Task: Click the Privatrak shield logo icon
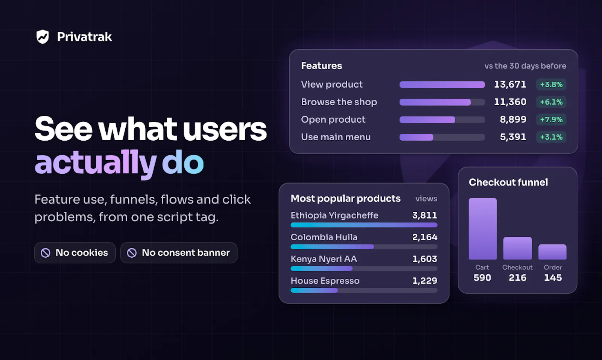pyautogui.click(x=43, y=36)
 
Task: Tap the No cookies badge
pyautogui.click(x=75, y=253)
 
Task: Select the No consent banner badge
pyautogui.click(x=179, y=253)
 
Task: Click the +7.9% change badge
pyautogui.click(x=551, y=120)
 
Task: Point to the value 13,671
pyautogui.click(x=510, y=84)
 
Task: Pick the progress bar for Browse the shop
pyautogui.click(x=442, y=102)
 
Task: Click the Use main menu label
pyautogui.click(x=336, y=137)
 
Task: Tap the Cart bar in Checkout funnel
pyautogui.click(x=483, y=229)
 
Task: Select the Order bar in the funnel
pyautogui.click(x=552, y=252)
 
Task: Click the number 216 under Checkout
pyautogui.click(x=517, y=278)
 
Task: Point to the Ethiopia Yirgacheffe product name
pyautogui.click(x=334, y=216)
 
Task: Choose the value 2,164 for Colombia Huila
pyautogui.click(x=425, y=237)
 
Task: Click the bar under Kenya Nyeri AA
pyautogui.click(x=364, y=268)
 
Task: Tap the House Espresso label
pyautogui.click(x=325, y=281)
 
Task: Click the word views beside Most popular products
pyautogui.click(x=426, y=199)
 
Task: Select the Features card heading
pyautogui.click(x=321, y=66)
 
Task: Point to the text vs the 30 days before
pyautogui.click(x=525, y=66)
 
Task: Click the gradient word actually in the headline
pyautogui.click(x=96, y=163)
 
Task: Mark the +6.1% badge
pyautogui.click(x=551, y=102)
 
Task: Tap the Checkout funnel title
pyautogui.click(x=508, y=182)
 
